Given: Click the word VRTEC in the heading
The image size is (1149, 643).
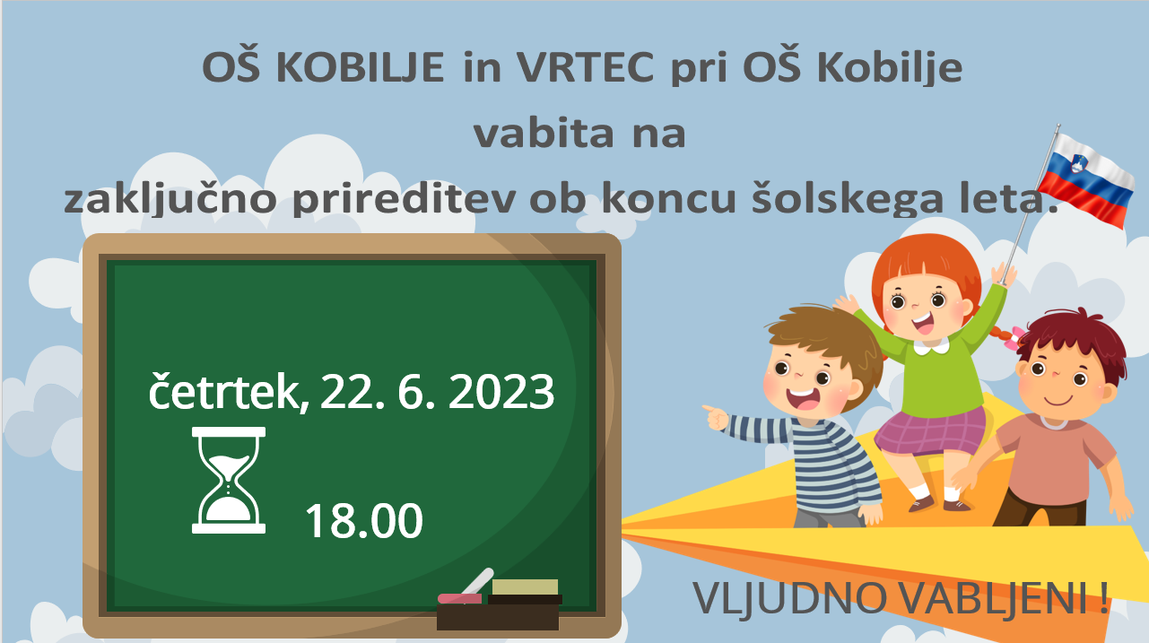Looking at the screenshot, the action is click(586, 67).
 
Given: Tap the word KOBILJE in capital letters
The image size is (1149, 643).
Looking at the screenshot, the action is click(360, 67).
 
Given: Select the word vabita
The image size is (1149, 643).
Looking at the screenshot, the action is click(544, 133).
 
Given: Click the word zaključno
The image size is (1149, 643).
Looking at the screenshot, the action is click(170, 199).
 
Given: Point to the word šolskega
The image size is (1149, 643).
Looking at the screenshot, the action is click(848, 198).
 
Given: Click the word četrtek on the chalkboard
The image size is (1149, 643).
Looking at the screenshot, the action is click(224, 392).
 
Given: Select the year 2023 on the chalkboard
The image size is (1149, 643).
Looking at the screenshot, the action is click(501, 392).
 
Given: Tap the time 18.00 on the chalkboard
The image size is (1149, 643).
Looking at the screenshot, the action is click(363, 520).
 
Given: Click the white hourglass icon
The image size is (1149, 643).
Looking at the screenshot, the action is click(229, 480).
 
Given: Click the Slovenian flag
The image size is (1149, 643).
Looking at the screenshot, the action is click(1086, 179).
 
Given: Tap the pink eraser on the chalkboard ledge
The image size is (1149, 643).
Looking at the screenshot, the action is click(459, 598).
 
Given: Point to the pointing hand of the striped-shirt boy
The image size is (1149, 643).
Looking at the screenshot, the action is click(716, 417).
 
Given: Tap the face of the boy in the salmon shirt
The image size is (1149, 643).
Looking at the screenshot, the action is click(1059, 382).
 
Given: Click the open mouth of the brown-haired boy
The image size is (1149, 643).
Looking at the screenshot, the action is click(803, 398).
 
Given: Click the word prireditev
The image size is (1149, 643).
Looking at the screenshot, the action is click(404, 199).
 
